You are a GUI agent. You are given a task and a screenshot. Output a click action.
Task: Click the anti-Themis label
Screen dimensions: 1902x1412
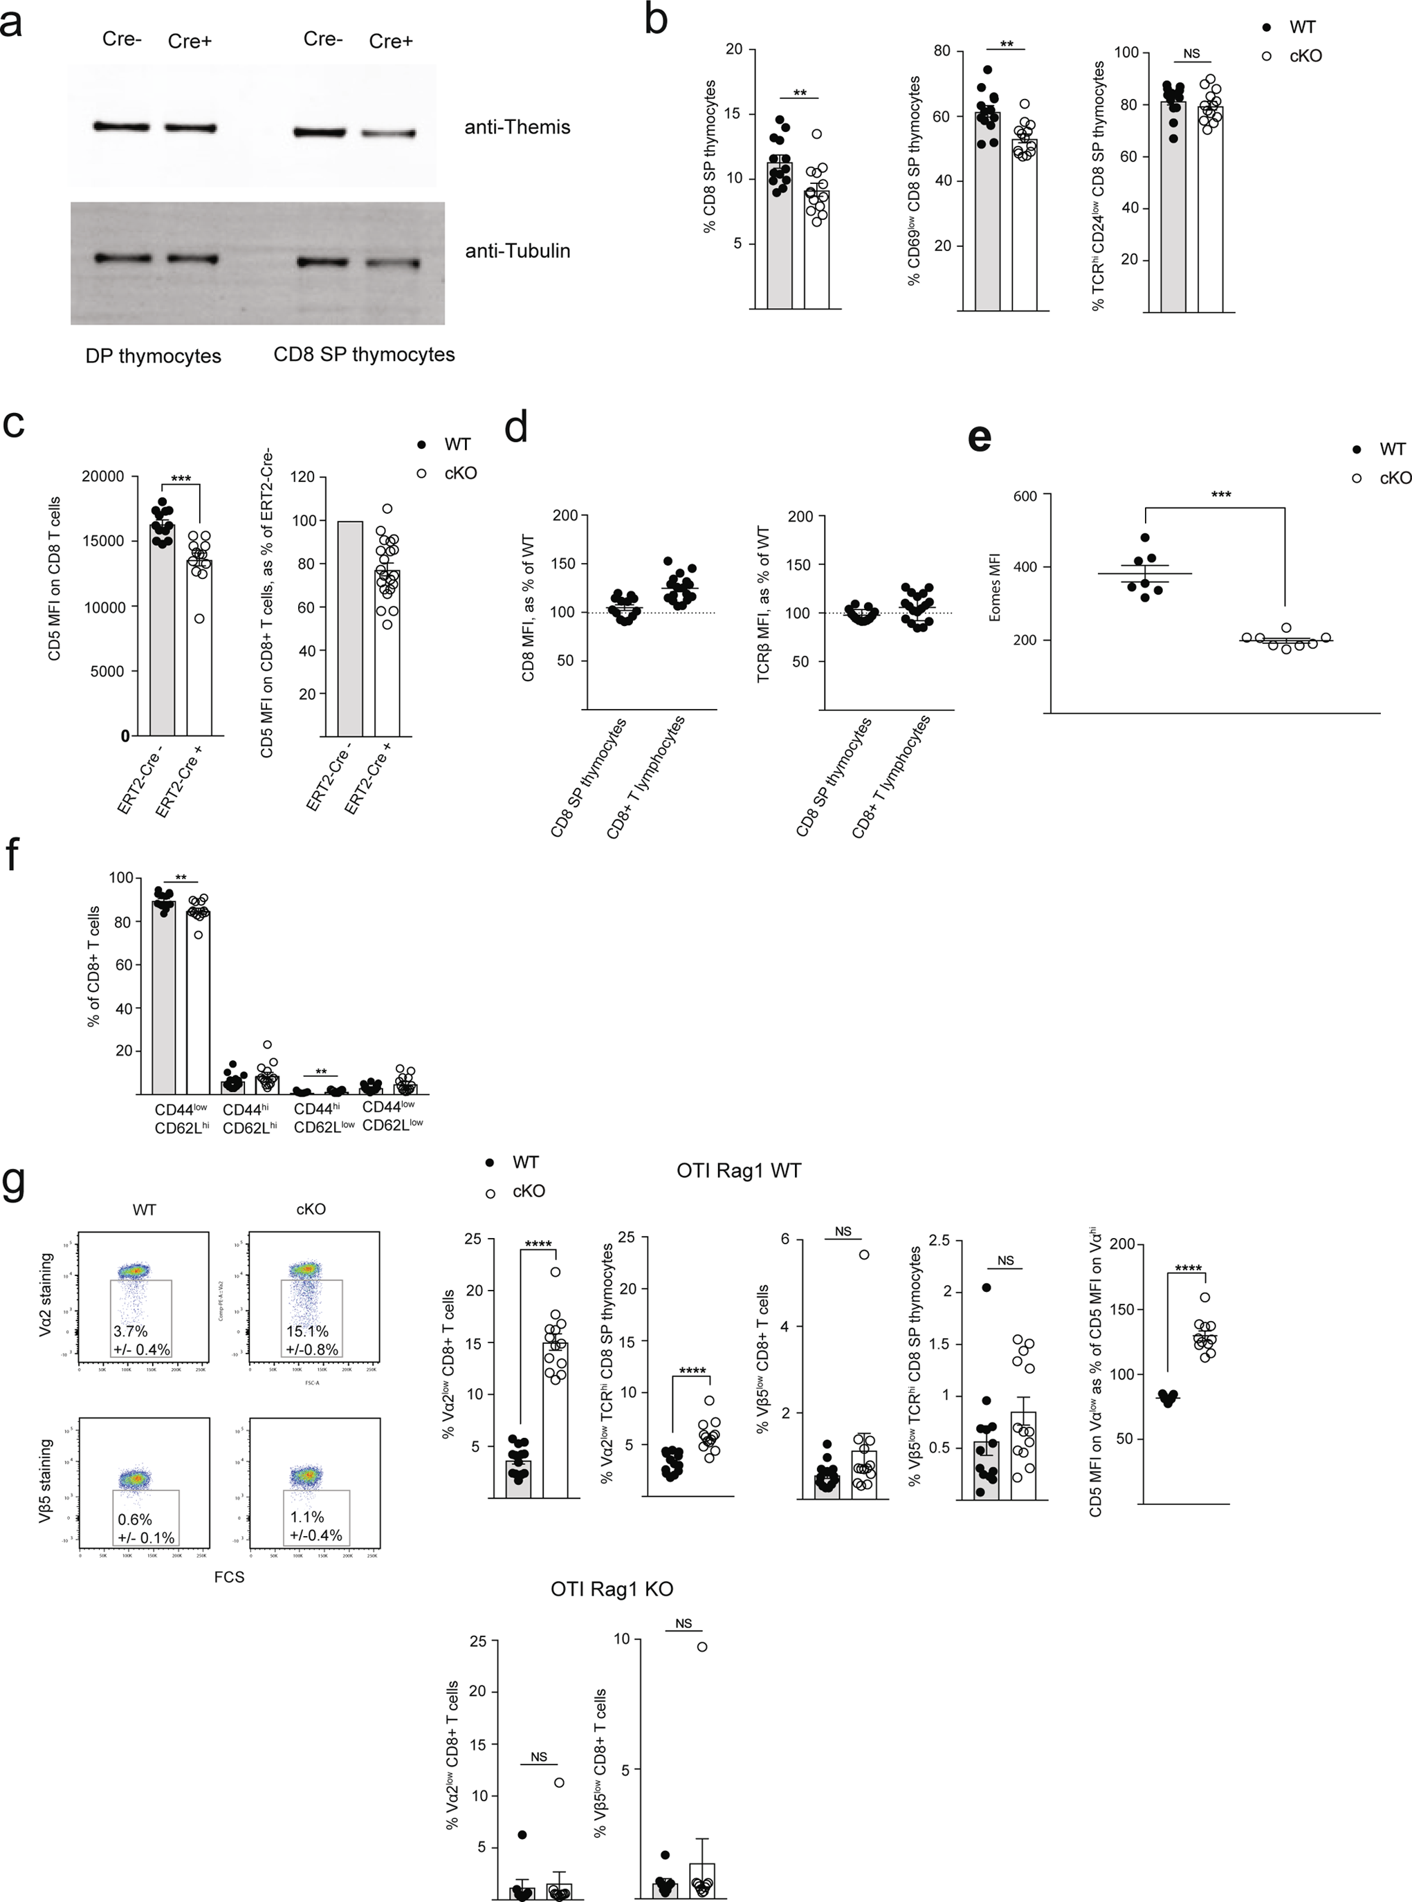(x=516, y=127)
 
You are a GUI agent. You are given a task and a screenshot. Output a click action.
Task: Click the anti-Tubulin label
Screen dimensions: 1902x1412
(x=517, y=251)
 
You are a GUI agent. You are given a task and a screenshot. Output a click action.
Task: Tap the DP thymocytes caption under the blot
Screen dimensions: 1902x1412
(x=153, y=356)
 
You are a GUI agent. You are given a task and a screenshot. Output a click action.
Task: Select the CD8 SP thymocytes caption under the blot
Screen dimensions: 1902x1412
(x=364, y=355)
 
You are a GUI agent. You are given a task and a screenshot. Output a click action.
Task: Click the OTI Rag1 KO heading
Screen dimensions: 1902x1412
(x=612, y=1589)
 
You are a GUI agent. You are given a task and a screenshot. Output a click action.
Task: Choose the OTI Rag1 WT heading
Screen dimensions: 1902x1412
(x=738, y=1170)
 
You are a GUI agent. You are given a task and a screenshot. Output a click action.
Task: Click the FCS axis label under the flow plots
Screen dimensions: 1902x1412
(x=229, y=1576)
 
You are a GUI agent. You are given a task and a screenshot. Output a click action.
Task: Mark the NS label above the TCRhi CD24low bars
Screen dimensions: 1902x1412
(x=1191, y=54)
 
